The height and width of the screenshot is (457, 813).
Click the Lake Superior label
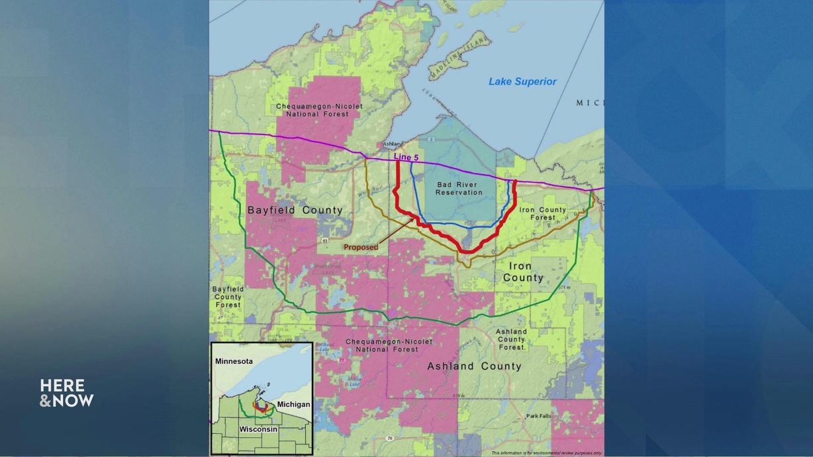(522, 81)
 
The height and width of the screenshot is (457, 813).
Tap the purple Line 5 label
(406, 157)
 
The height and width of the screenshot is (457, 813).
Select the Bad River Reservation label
(459, 188)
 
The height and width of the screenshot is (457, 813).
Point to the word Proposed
(361, 247)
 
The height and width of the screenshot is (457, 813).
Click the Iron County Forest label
(543, 213)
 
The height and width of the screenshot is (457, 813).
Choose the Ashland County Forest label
(511, 339)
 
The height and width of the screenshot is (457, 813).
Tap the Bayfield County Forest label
(228, 297)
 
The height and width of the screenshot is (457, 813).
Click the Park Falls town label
(540, 417)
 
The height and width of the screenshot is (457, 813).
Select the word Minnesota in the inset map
(234, 362)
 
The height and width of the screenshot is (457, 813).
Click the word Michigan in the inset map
(293, 404)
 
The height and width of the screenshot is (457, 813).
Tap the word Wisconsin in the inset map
(258, 429)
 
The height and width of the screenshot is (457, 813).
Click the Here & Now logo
(66, 393)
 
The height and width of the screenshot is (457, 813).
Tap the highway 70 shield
(389, 438)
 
